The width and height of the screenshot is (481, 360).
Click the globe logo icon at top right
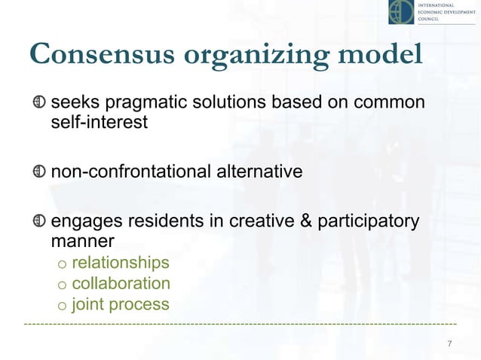point(401,13)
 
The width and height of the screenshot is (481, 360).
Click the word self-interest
point(99,121)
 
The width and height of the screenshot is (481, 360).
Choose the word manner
point(82,243)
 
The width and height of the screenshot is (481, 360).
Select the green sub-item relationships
point(121,263)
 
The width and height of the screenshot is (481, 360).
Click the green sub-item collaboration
point(121,284)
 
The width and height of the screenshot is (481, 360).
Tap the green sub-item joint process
point(121,305)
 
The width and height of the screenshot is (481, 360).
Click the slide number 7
point(449,344)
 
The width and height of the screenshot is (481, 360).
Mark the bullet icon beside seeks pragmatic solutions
point(40,102)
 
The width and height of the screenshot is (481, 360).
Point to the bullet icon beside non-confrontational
point(40,172)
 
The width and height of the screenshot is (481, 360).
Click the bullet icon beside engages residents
point(40,223)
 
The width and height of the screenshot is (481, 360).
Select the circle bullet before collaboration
point(63,285)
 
